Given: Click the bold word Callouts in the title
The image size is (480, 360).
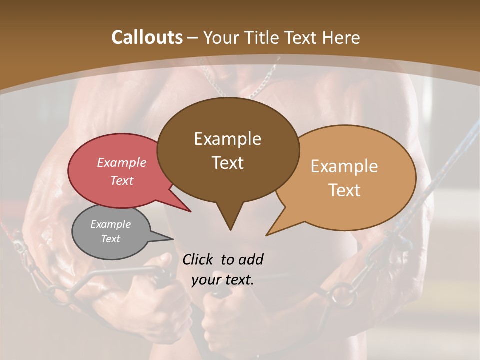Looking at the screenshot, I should [x=147, y=37].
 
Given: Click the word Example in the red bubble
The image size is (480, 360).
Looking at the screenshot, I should [x=122, y=162].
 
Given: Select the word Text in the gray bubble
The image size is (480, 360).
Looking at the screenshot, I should [x=111, y=239].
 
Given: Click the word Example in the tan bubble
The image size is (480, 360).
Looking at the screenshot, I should [x=344, y=166].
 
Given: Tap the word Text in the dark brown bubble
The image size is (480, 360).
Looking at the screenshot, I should [x=228, y=163].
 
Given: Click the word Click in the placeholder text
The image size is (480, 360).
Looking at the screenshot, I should [x=198, y=259].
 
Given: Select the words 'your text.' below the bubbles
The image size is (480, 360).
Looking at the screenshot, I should [x=223, y=280].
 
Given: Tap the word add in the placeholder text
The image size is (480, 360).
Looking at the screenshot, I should [x=250, y=259].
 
